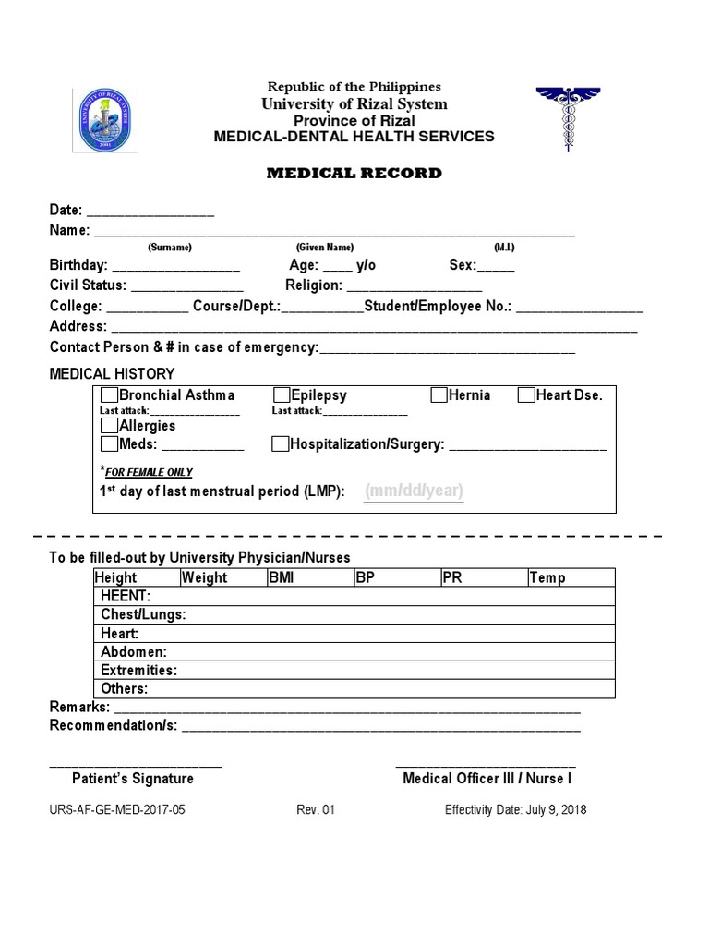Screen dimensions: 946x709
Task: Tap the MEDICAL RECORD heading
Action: click(354, 173)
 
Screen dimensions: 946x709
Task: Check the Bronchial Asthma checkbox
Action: click(109, 395)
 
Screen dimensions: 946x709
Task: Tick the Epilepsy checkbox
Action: click(282, 395)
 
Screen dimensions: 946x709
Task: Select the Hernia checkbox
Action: click(439, 395)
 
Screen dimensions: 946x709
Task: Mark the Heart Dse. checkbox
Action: click(526, 395)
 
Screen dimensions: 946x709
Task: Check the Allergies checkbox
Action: click(109, 426)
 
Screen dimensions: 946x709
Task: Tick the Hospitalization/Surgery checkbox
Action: click(281, 444)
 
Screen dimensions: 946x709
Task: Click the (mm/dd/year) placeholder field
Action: click(414, 491)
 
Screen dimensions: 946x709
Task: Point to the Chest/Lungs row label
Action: click(143, 614)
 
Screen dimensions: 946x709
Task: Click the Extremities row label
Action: click(138, 670)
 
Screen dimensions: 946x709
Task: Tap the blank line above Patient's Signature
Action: click(135, 765)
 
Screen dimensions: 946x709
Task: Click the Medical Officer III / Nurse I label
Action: click(487, 779)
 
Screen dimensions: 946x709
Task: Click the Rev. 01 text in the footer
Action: click(316, 810)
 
